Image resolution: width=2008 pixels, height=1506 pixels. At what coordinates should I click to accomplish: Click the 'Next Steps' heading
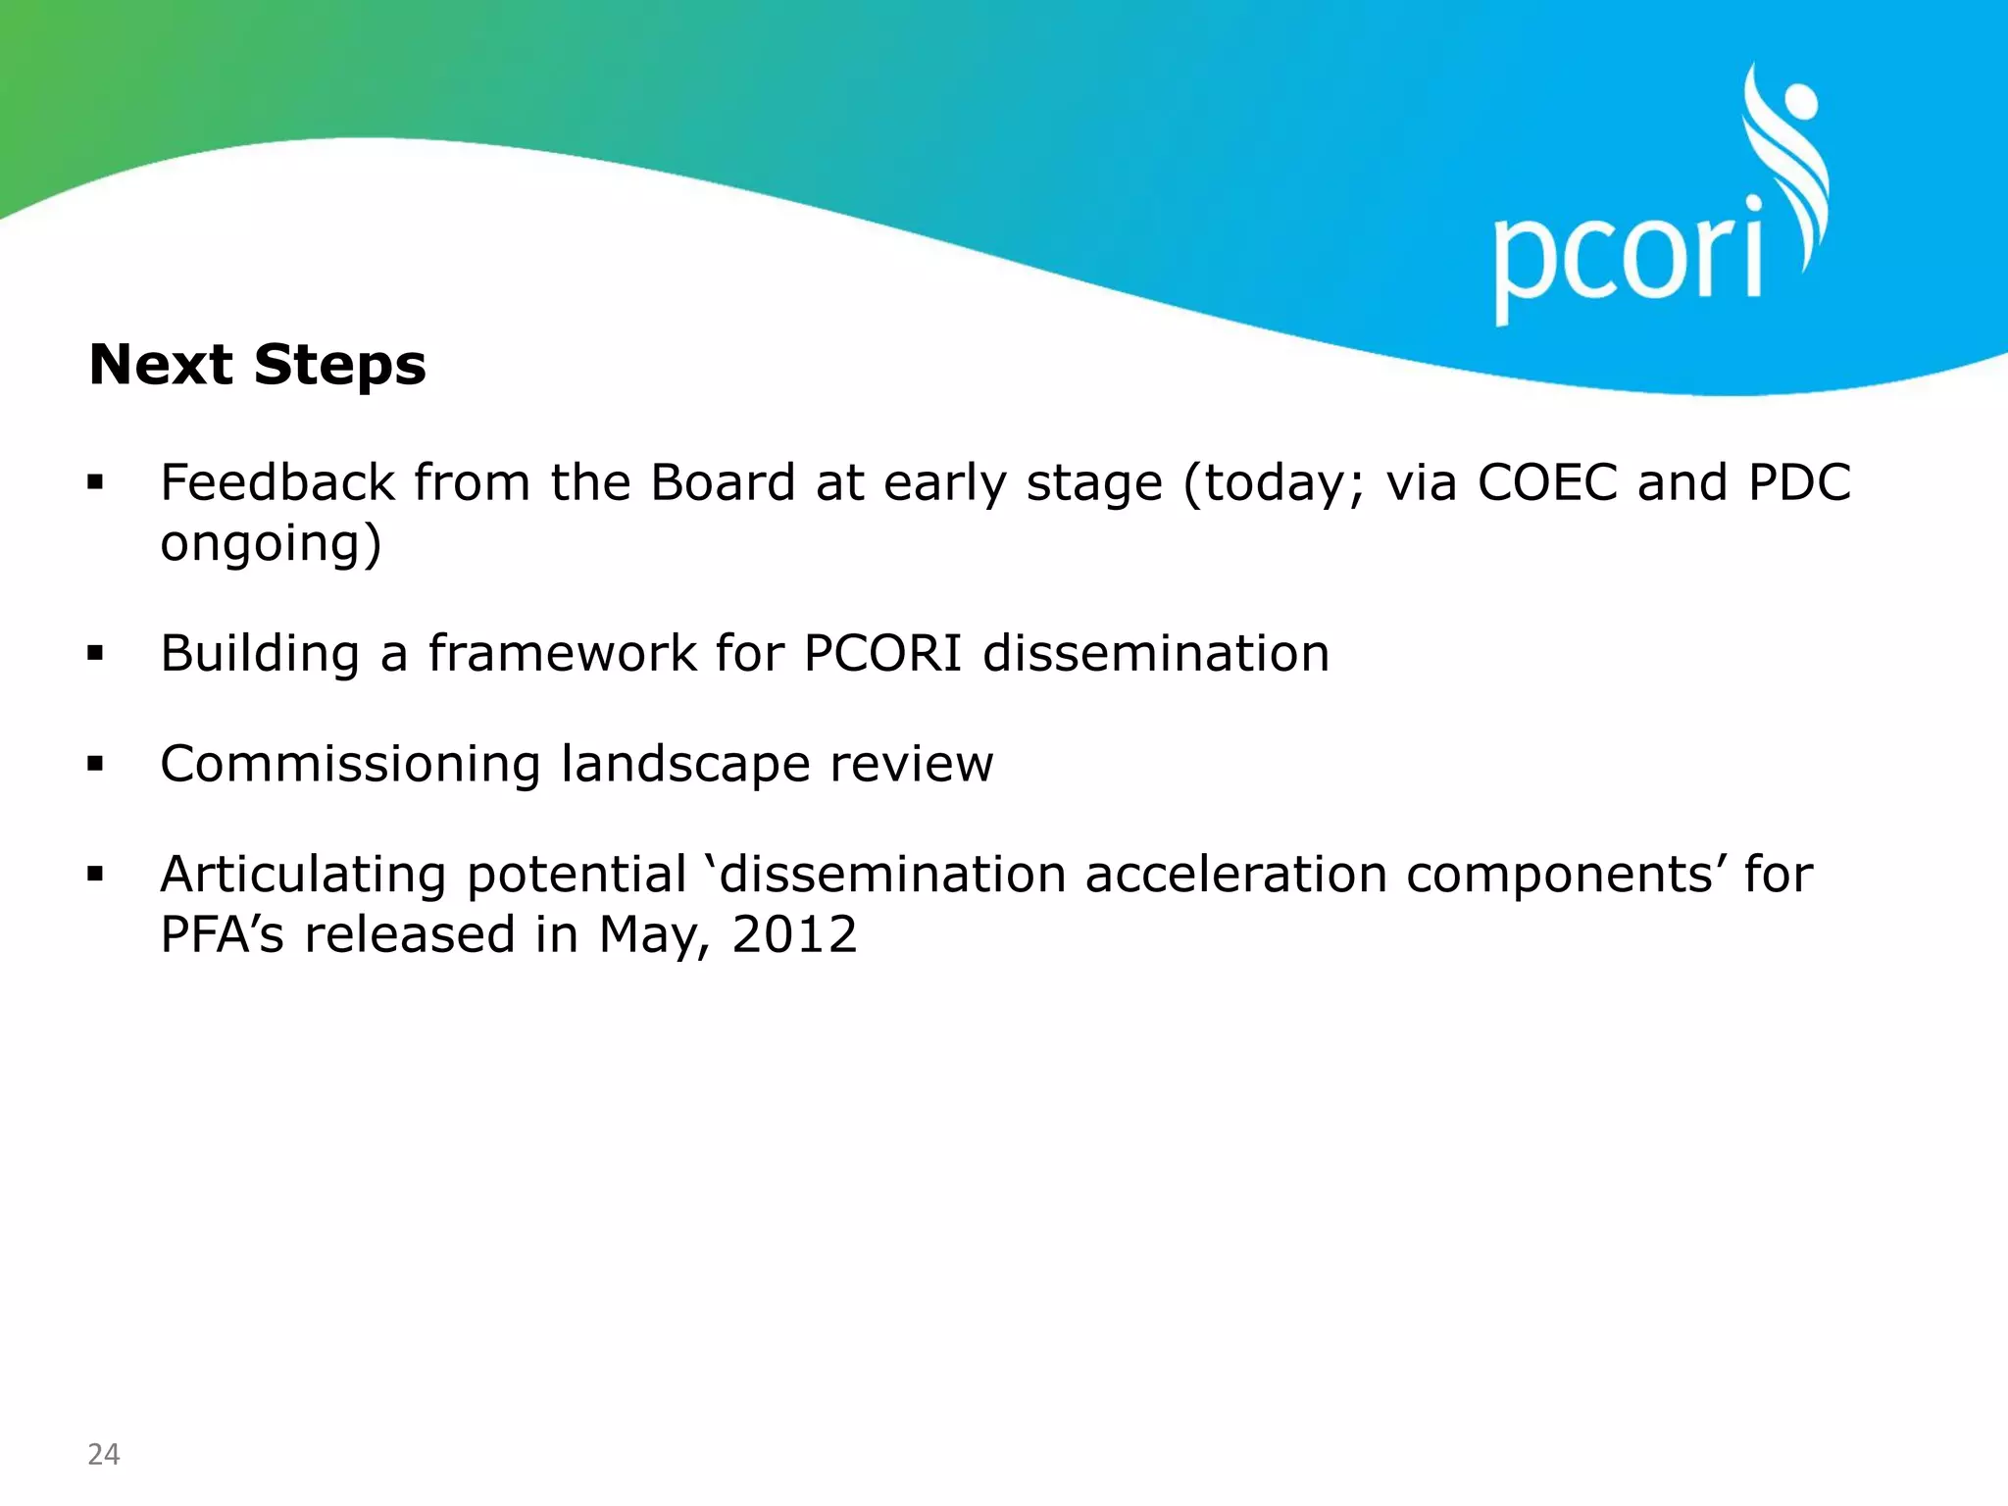coord(257,365)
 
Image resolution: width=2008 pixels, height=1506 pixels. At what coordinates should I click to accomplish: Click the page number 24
coord(103,1454)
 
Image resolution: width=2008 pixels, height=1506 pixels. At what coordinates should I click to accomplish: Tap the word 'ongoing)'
coord(271,545)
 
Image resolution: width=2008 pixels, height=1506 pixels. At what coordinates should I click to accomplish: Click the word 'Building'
coord(260,654)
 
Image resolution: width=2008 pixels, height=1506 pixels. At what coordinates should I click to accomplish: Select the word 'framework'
coord(562,654)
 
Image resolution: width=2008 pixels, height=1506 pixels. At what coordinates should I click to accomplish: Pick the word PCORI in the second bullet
coord(882,654)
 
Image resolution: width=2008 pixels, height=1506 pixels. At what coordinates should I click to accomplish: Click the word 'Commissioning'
coord(350,764)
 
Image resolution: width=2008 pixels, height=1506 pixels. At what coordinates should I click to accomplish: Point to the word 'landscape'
coord(685,766)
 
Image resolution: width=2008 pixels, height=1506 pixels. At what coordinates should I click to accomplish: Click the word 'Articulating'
coord(303,876)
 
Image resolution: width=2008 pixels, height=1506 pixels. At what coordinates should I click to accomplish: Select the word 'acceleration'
coord(1235,875)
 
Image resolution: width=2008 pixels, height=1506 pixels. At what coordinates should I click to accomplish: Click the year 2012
coord(794,934)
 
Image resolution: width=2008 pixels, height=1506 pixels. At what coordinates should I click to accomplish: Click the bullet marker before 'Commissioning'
coord(95,764)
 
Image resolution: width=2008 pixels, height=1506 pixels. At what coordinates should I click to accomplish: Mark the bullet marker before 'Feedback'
coord(95,482)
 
